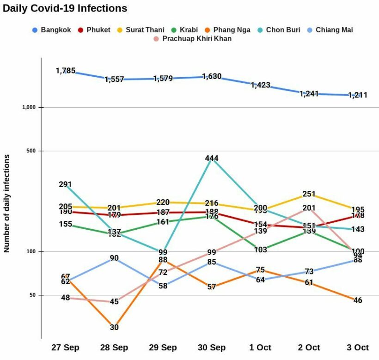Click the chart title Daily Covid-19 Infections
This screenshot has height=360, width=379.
click(65, 8)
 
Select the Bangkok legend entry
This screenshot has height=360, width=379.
click(51, 30)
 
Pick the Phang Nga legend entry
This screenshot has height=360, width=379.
click(226, 30)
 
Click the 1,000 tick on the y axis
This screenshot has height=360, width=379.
click(29, 107)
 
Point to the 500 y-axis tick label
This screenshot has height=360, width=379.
click(31, 151)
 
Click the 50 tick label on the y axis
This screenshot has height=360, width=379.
click(32, 295)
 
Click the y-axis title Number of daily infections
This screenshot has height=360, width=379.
click(7, 203)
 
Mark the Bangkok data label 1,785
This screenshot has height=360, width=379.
click(65, 71)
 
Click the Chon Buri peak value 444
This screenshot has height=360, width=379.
click(212, 159)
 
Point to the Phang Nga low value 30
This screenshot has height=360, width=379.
click(114, 327)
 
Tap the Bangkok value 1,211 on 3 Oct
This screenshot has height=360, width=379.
click(358, 95)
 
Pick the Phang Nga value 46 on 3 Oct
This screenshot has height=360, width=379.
click(358, 300)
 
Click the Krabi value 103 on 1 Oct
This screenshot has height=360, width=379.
click(260, 250)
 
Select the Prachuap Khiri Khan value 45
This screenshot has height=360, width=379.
click(114, 302)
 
